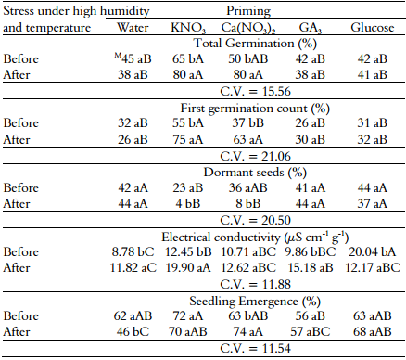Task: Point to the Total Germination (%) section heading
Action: [x=244, y=43]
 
